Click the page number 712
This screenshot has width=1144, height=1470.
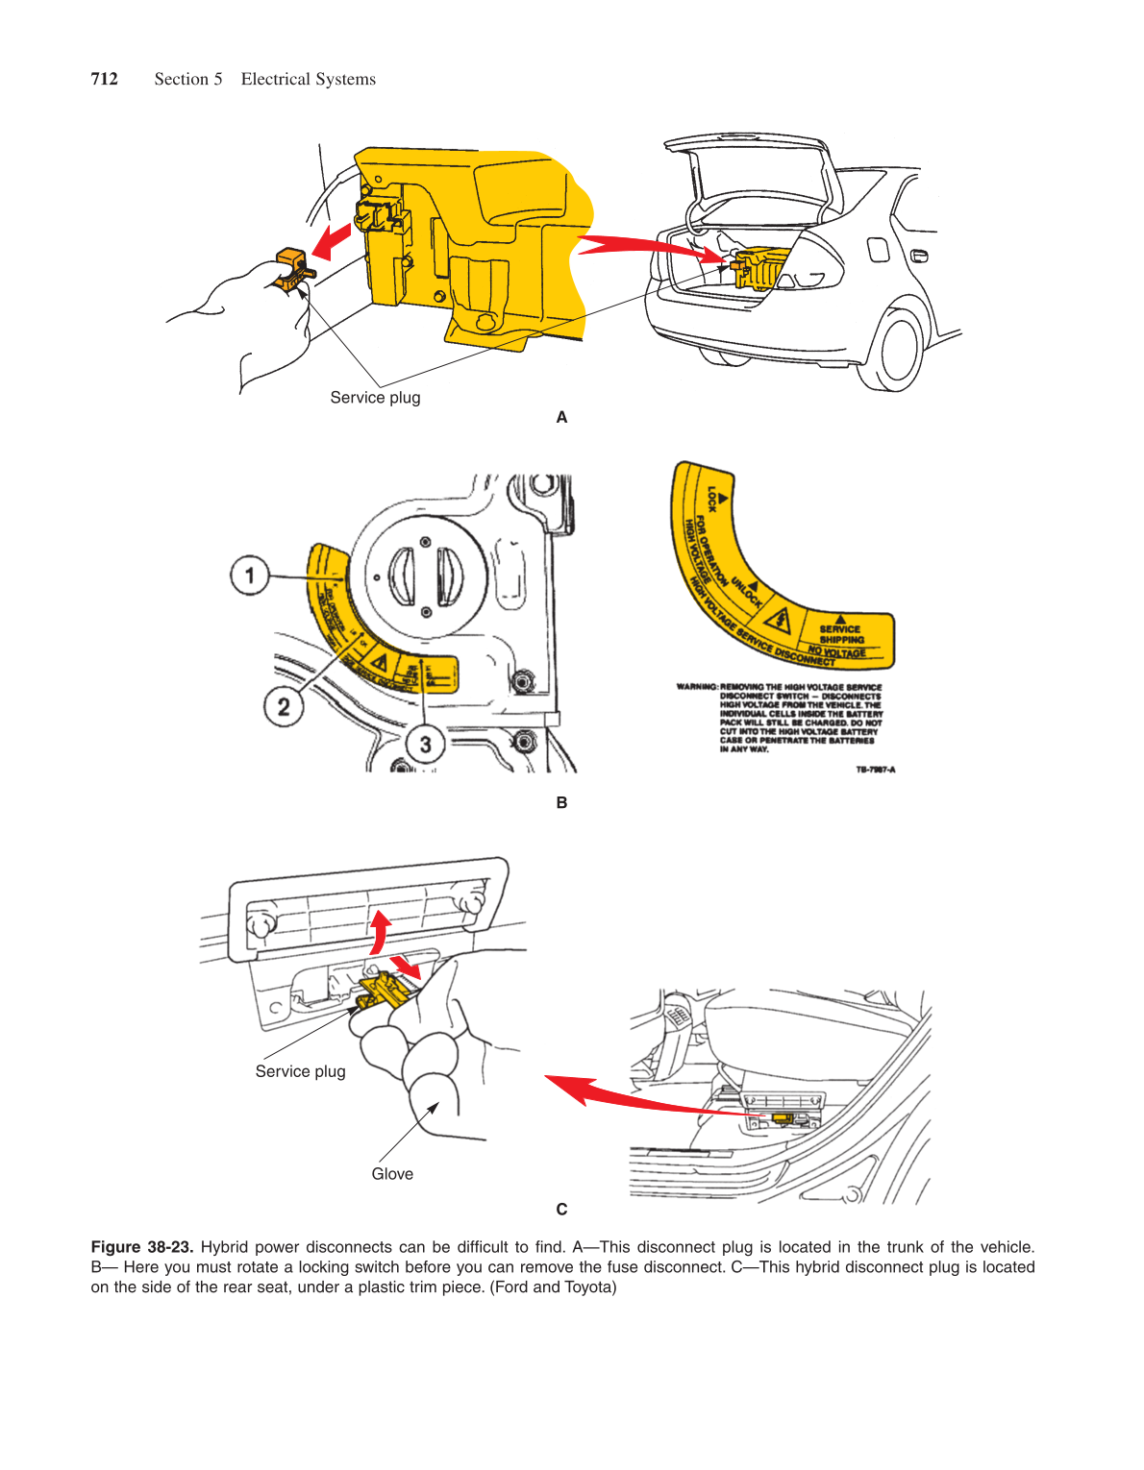(104, 79)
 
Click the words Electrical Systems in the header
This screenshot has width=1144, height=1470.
(308, 79)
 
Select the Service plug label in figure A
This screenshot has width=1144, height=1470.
(375, 398)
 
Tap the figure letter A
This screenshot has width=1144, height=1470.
(561, 417)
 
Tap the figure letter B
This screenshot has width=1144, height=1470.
(561, 802)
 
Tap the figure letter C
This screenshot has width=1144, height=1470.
(561, 1209)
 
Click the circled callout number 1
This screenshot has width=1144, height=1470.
(250, 576)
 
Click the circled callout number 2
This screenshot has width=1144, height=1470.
(283, 707)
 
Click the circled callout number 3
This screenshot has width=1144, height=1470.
(425, 743)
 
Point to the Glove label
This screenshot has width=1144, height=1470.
(392, 1174)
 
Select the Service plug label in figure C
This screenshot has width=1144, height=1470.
(300, 1071)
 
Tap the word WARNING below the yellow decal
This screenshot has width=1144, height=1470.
(697, 687)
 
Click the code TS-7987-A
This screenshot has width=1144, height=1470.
(876, 770)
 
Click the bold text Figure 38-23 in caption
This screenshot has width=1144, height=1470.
(142, 1247)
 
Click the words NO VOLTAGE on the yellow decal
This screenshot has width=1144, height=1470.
(836, 651)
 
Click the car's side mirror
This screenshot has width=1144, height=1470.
(919, 256)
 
